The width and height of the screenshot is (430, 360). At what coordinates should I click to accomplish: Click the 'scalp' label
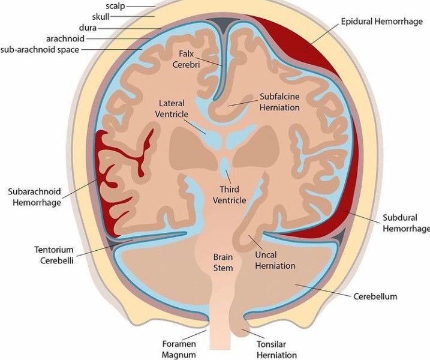click(x=115, y=5)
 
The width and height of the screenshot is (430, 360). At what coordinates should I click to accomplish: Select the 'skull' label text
click(x=101, y=16)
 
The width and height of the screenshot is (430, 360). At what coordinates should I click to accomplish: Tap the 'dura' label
click(x=88, y=28)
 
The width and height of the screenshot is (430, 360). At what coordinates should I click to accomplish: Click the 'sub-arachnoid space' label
click(x=40, y=49)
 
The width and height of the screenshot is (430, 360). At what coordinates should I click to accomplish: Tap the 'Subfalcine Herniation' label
click(x=279, y=101)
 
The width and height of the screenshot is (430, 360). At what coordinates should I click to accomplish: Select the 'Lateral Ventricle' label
click(x=172, y=109)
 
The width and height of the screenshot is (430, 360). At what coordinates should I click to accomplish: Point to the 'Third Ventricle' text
click(x=229, y=195)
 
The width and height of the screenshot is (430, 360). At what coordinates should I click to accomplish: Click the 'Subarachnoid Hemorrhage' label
click(x=34, y=197)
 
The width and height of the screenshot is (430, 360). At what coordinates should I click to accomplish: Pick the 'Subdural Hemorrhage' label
click(x=406, y=223)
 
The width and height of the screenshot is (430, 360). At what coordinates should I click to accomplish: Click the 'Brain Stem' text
click(x=223, y=262)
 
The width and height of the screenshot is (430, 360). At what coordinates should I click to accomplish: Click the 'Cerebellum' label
click(x=375, y=296)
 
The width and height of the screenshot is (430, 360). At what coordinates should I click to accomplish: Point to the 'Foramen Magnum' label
click(x=179, y=349)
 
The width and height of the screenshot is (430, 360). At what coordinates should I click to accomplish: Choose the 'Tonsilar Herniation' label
click(x=276, y=349)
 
